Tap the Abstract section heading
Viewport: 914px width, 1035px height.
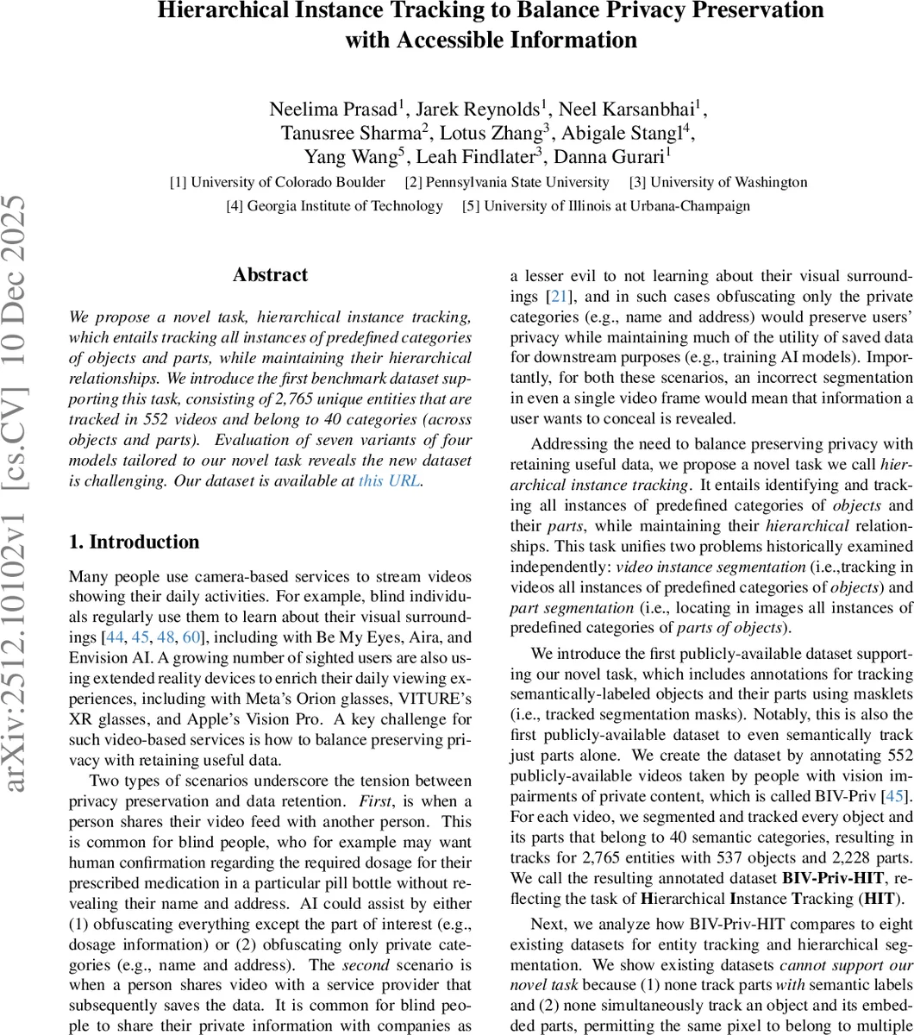pyautogui.click(x=270, y=275)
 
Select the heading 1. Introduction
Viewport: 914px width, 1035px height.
pyautogui.click(x=134, y=542)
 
